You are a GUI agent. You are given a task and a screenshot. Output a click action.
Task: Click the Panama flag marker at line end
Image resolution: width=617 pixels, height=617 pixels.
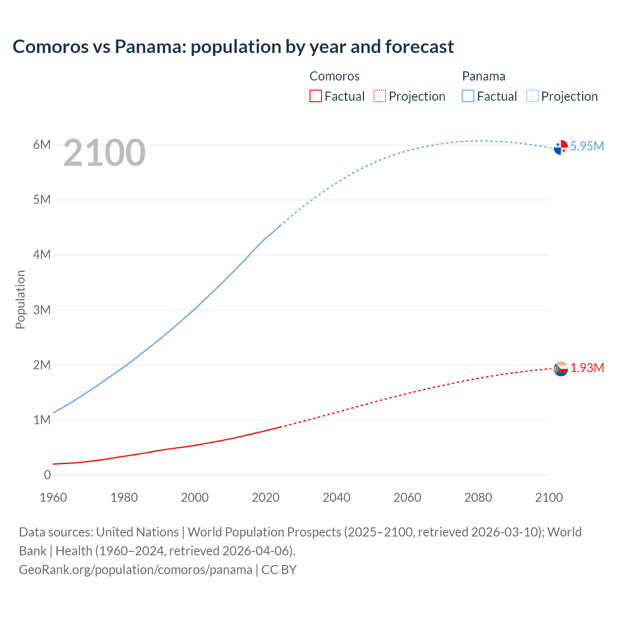click(561, 147)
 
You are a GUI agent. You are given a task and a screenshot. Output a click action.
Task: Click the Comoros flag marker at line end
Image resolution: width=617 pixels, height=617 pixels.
click(561, 369)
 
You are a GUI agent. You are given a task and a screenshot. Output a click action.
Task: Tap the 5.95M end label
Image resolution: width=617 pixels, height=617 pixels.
click(587, 146)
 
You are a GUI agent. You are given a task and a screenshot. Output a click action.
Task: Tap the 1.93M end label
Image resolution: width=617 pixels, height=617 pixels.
click(587, 368)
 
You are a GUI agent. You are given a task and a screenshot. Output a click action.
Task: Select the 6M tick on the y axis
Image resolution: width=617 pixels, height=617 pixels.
click(42, 145)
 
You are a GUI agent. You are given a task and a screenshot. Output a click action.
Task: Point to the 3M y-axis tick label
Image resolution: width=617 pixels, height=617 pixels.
click(42, 309)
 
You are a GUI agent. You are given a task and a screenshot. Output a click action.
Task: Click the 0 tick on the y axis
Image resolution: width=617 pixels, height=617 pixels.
click(47, 475)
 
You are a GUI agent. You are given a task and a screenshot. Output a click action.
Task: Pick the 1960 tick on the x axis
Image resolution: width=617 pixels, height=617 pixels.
click(53, 497)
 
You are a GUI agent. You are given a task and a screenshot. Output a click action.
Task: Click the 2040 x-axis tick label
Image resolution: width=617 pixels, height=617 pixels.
click(336, 497)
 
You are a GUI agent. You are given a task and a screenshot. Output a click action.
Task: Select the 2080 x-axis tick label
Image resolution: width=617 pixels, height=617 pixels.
click(478, 497)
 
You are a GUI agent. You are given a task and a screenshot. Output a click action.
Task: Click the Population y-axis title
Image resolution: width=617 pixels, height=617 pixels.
click(20, 299)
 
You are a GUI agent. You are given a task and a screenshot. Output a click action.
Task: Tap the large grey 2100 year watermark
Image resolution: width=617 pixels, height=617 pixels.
click(104, 153)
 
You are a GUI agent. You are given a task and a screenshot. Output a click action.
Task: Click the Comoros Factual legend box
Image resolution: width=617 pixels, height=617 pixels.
click(315, 96)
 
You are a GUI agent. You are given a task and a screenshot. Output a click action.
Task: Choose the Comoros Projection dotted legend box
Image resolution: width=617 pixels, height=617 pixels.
click(380, 96)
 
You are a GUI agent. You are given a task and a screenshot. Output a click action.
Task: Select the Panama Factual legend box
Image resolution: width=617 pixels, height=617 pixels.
click(468, 96)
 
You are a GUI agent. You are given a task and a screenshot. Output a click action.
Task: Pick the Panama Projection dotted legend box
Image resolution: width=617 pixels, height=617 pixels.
click(533, 96)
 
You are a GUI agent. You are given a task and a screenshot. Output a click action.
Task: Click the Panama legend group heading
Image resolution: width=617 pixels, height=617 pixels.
click(483, 76)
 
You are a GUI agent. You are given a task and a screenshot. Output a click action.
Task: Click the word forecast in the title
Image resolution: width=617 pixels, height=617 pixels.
click(419, 47)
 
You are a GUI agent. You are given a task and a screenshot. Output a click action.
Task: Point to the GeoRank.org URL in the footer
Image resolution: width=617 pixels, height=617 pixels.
click(135, 569)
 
